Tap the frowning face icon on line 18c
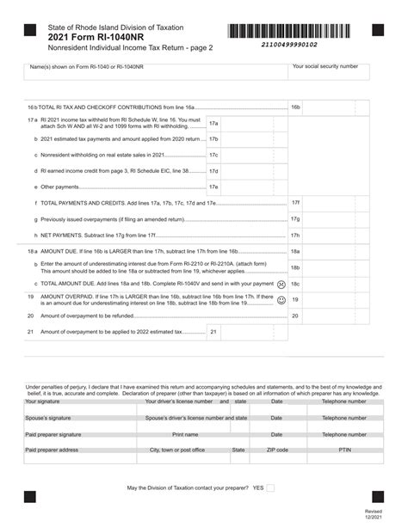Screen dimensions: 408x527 click(x=281, y=283)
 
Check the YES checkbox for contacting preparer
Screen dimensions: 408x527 click(x=270, y=487)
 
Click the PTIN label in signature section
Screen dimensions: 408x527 click(x=344, y=450)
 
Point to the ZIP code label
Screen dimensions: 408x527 click(x=277, y=450)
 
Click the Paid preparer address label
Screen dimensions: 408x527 click(x=52, y=450)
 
